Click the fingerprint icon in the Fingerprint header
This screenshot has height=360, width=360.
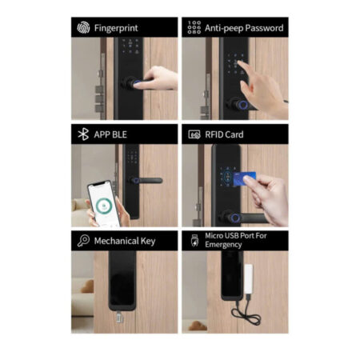(x=83, y=28)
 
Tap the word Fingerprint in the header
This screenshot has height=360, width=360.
(x=116, y=28)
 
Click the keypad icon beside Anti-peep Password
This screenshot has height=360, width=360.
(x=194, y=27)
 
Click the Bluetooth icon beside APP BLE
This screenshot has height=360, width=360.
(x=83, y=134)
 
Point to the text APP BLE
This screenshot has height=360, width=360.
(x=110, y=134)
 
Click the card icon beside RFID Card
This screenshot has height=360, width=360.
(x=194, y=134)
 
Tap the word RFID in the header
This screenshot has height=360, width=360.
(x=213, y=134)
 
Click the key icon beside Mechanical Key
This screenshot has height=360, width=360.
(x=83, y=241)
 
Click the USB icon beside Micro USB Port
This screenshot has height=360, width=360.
(x=194, y=241)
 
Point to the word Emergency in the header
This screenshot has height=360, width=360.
(x=223, y=245)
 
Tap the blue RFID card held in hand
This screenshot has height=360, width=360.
(x=244, y=178)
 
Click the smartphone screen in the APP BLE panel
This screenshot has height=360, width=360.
(x=103, y=203)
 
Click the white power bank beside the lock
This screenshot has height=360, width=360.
(x=249, y=278)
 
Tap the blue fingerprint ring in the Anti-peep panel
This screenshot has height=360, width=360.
(x=242, y=105)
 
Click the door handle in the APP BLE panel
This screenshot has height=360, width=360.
(x=146, y=181)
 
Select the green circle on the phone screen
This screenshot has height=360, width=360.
(x=103, y=206)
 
